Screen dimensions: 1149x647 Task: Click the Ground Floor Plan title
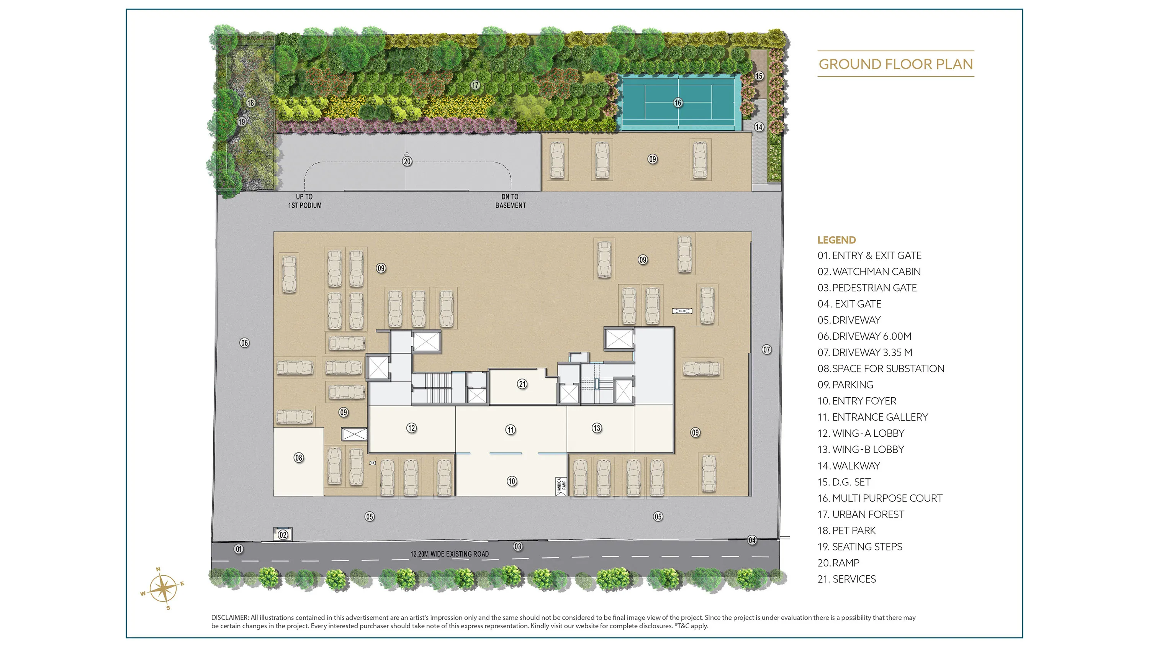(x=896, y=64)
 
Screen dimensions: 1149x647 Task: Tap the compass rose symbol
(x=163, y=588)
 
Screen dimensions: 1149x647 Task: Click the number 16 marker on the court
(x=678, y=103)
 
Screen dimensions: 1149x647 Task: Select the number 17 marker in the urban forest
(x=475, y=85)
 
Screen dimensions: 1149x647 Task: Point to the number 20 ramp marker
(x=407, y=161)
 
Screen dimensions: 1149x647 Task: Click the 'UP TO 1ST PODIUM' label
(x=304, y=201)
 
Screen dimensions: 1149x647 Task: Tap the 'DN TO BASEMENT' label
(x=510, y=201)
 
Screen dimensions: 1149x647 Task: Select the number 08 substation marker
(x=299, y=457)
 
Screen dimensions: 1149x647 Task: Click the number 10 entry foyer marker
(x=512, y=481)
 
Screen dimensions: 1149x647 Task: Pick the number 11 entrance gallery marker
(x=510, y=430)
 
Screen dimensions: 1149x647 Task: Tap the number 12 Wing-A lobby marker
(x=411, y=428)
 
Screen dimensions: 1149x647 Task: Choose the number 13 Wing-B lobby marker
(x=597, y=428)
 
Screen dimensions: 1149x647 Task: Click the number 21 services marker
(x=522, y=384)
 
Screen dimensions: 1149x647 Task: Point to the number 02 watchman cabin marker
(x=283, y=534)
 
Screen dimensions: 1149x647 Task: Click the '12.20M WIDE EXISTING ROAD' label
(x=450, y=554)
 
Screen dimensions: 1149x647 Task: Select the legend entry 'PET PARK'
(x=846, y=531)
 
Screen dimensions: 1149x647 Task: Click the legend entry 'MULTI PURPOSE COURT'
(x=880, y=498)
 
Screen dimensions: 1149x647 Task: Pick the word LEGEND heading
(x=837, y=240)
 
